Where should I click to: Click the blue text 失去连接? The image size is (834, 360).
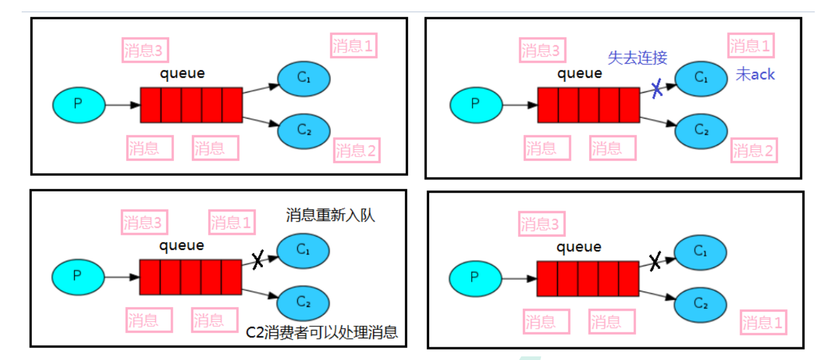tap(637, 58)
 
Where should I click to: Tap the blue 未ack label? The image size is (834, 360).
tap(755, 75)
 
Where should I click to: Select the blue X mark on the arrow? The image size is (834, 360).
tap(657, 88)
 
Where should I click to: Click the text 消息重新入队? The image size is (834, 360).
tap(330, 216)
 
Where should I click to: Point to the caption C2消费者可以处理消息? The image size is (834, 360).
tap(323, 332)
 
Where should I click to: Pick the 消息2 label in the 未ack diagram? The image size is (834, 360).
tap(755, 151)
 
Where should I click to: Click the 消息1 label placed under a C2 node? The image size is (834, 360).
tap(764, 323)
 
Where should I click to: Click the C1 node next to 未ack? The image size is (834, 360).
tap(701, 78)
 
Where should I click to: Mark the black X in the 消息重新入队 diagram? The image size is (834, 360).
tap(258, 259)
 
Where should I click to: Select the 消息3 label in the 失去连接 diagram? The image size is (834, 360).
tap(540, 51)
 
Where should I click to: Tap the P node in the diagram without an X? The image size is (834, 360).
tap(78, 104)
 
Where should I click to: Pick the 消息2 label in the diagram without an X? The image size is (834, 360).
tap(356, 151)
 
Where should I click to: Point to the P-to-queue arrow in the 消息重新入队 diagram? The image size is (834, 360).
tap(121, 277)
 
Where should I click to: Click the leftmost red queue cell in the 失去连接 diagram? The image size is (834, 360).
tap(548, 105)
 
